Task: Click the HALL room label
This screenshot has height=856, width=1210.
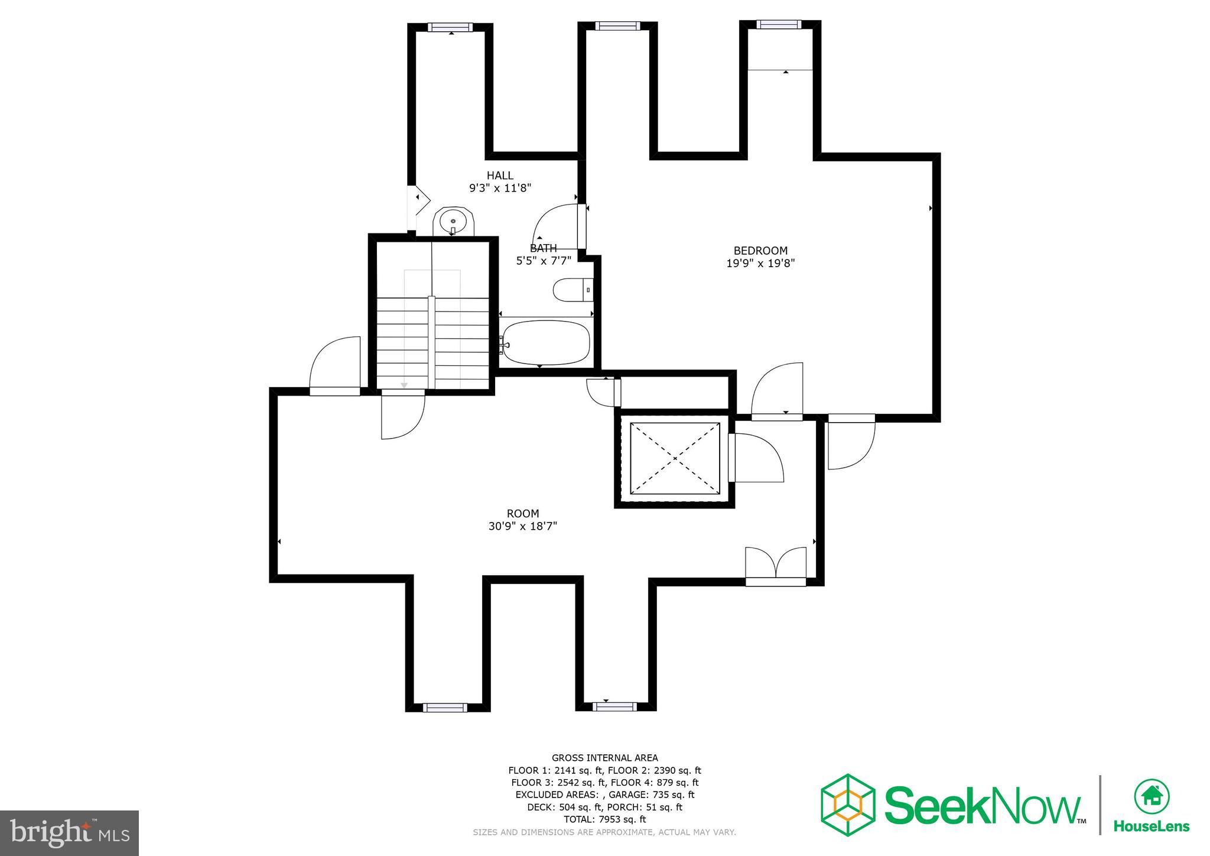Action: [500, 176]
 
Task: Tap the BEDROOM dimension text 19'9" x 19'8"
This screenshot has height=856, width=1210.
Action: [760, 264]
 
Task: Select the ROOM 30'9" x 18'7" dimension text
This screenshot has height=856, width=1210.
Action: [523, 526]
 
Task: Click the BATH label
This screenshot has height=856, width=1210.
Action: [543, 248]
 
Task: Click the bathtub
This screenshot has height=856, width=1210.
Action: [547, 342]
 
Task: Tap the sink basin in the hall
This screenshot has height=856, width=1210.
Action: [453, 222]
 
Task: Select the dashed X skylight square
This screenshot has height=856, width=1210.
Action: [675, 458]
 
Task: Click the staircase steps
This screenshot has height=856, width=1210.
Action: [432, 343]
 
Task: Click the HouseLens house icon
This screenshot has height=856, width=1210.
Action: [1152, 796]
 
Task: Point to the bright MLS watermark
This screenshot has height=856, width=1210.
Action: [70, 833]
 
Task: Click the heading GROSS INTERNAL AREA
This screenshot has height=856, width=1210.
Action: [604, 758]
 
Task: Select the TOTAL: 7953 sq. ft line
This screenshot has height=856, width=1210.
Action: [604, 819]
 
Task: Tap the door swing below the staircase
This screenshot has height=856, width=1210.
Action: [402, 417]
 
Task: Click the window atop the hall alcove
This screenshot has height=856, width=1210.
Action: [450, 27]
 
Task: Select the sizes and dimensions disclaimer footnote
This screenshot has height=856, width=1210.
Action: [604, 832]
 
